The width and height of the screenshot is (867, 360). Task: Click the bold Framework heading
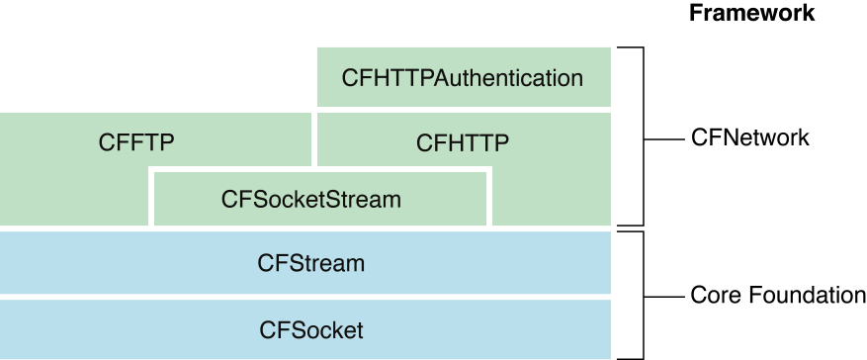point(751,13)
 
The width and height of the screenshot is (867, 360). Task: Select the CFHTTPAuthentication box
point(463,76)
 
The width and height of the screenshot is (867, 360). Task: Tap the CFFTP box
point(136,141)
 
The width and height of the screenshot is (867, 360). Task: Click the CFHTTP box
point(463,141)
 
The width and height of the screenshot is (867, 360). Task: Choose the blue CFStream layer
point(310,264)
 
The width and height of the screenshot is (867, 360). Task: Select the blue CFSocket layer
point(310,329)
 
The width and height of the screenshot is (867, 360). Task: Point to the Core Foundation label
point(777,295)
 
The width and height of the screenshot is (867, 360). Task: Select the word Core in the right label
point(712,295)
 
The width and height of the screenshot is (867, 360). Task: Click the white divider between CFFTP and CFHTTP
point(314,138)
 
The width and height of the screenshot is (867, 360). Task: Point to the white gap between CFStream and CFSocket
point(306,297)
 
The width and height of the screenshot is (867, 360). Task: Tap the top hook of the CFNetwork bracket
point(631,46)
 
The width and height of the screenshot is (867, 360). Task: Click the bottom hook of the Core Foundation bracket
point(631,358)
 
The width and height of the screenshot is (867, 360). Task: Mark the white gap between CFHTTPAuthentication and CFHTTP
point(463,109)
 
